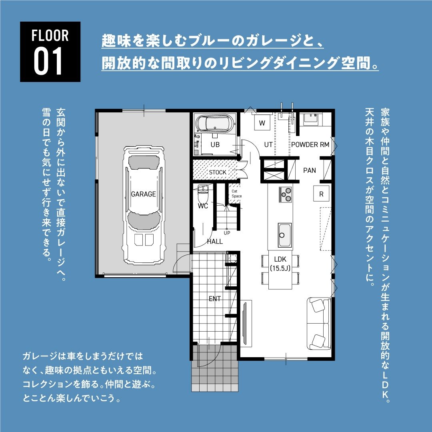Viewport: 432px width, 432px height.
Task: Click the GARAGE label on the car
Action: pos(143,194)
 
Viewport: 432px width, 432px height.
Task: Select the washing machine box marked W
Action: pos(262,123)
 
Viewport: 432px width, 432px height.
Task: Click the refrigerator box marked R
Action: pos(321,194)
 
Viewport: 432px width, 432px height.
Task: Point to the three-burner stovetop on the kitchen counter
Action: pos(286,194)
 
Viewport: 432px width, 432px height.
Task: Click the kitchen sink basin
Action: pos(285,235)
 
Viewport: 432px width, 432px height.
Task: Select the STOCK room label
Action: pos(217,172)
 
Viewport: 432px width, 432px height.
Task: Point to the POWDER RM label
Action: pos(310,145)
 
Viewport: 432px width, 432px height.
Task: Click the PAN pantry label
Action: pos(309,170)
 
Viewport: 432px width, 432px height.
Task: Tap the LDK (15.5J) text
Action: pos(280,264)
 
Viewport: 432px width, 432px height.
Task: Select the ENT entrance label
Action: pos(215,299)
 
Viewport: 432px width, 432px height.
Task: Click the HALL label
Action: pos(215,242)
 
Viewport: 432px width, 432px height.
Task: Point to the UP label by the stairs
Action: pos(227,233)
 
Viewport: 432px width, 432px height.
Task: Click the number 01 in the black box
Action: pos(48,62)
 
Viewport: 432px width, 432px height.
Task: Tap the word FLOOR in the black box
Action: pos(50,36)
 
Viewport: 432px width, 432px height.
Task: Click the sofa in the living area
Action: pos(319,324)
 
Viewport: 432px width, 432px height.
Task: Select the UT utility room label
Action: pos(268,145)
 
